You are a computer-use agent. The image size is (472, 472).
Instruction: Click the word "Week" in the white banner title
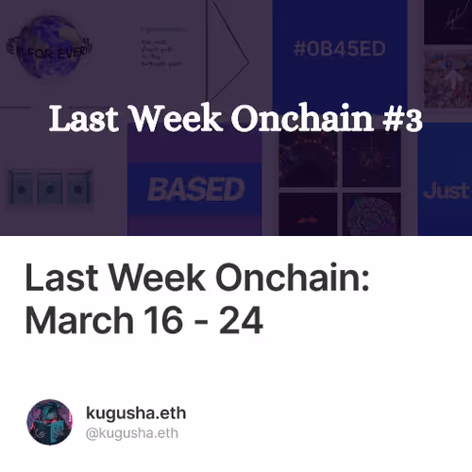coord(174,120)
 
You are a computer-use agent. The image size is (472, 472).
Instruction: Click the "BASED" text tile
coord(195,190)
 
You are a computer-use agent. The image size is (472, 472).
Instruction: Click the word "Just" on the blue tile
coord(446,190)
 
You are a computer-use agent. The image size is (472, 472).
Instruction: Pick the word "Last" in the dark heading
coord(59,279)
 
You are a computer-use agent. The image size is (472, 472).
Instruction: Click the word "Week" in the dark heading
coord(154,279)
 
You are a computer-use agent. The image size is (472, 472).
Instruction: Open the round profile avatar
coord(50,422)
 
